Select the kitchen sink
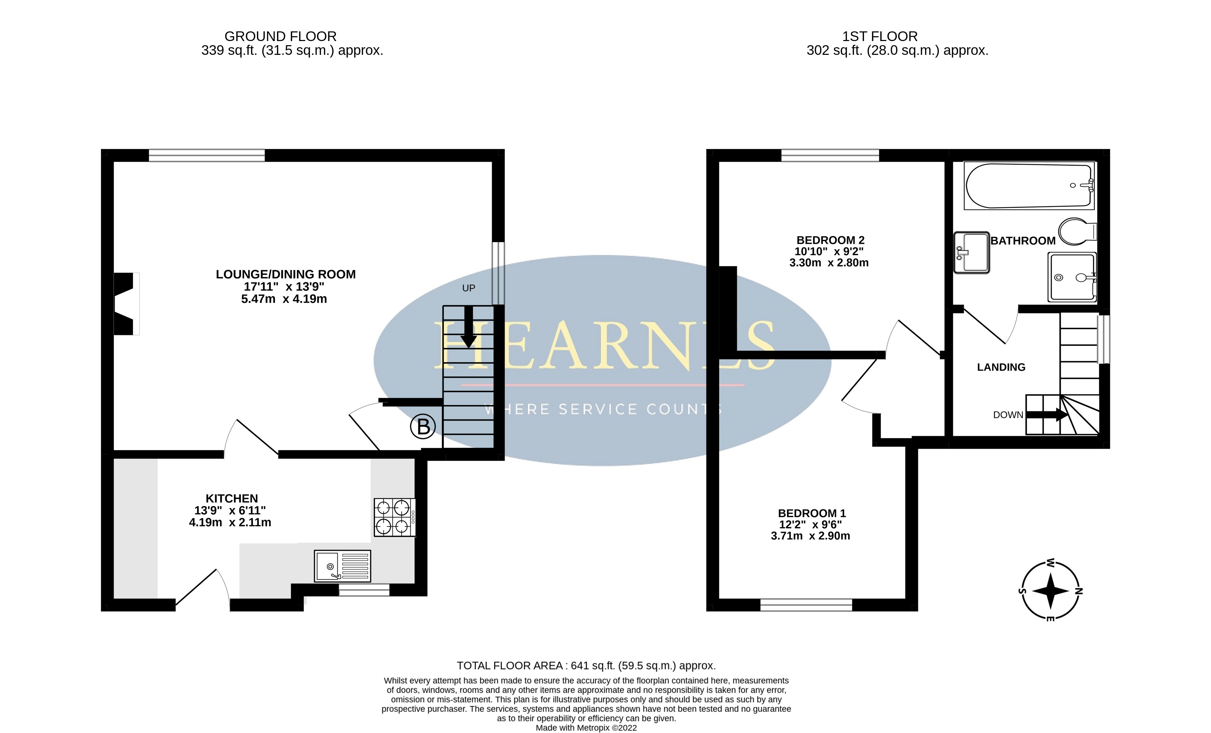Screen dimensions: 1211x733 pos(343,566)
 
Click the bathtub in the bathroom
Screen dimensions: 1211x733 pos(1029,186)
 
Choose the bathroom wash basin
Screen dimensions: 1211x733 pos(972,252)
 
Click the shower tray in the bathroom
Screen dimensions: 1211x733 pos(1072,277)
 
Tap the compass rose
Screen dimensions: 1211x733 pos(1050,590)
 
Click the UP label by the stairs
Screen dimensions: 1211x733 pos(468,288)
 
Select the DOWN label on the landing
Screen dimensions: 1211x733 pos(1008,415)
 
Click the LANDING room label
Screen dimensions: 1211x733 pos(1001,367)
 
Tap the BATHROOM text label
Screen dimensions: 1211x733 pos(1023,240)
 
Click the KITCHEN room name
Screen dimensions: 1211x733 pos(231,498)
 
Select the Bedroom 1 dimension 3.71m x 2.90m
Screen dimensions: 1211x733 pos(810,536)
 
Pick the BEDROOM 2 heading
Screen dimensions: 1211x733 pos(830,240)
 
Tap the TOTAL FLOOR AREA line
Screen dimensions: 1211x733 pos(586,666)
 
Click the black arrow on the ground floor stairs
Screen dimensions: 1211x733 pos(468,327)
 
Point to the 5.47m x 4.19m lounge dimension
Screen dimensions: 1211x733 pos(284,299)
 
